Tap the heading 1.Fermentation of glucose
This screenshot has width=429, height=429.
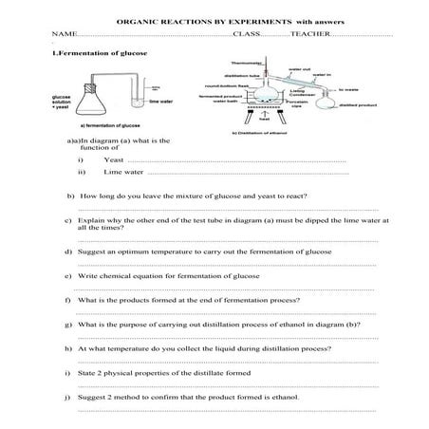pyautogui.click(x=100, y=53)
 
